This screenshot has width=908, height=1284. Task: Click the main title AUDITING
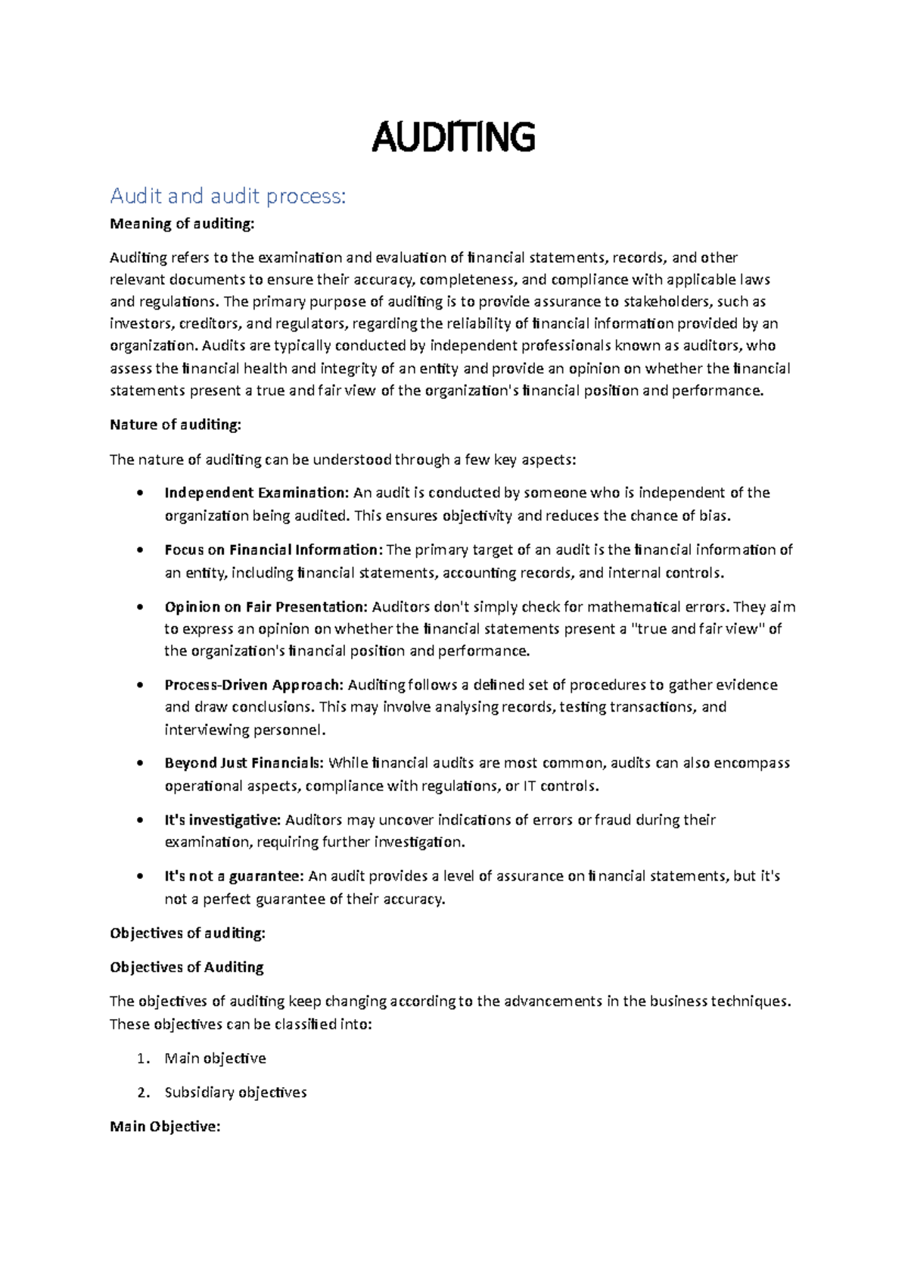[453, 138]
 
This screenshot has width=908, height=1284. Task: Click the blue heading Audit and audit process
[228, 196]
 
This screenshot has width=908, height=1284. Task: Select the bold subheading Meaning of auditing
[182, 223]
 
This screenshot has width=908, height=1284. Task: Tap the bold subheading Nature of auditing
[175, 425]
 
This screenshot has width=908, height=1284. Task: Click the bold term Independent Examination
[257, 493]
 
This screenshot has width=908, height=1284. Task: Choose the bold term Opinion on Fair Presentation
[266, 606]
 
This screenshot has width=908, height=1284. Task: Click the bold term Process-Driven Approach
[253, 685]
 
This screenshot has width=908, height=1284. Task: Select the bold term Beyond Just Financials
[244, 763]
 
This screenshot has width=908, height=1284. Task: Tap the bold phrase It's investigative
[222, 820]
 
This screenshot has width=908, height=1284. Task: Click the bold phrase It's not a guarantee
[234, 876]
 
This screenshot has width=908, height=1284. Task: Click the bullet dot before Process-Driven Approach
[140, 686]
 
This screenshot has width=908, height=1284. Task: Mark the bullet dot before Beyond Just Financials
[140, 764]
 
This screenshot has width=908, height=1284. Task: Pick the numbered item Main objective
[215, 1058]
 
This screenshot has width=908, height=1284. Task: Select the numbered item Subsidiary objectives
[235, 1092]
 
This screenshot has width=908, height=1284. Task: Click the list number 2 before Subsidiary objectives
[141, 1092]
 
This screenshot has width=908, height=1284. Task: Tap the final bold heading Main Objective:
[165, 1127]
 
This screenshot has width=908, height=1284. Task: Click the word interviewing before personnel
[200, 730]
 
